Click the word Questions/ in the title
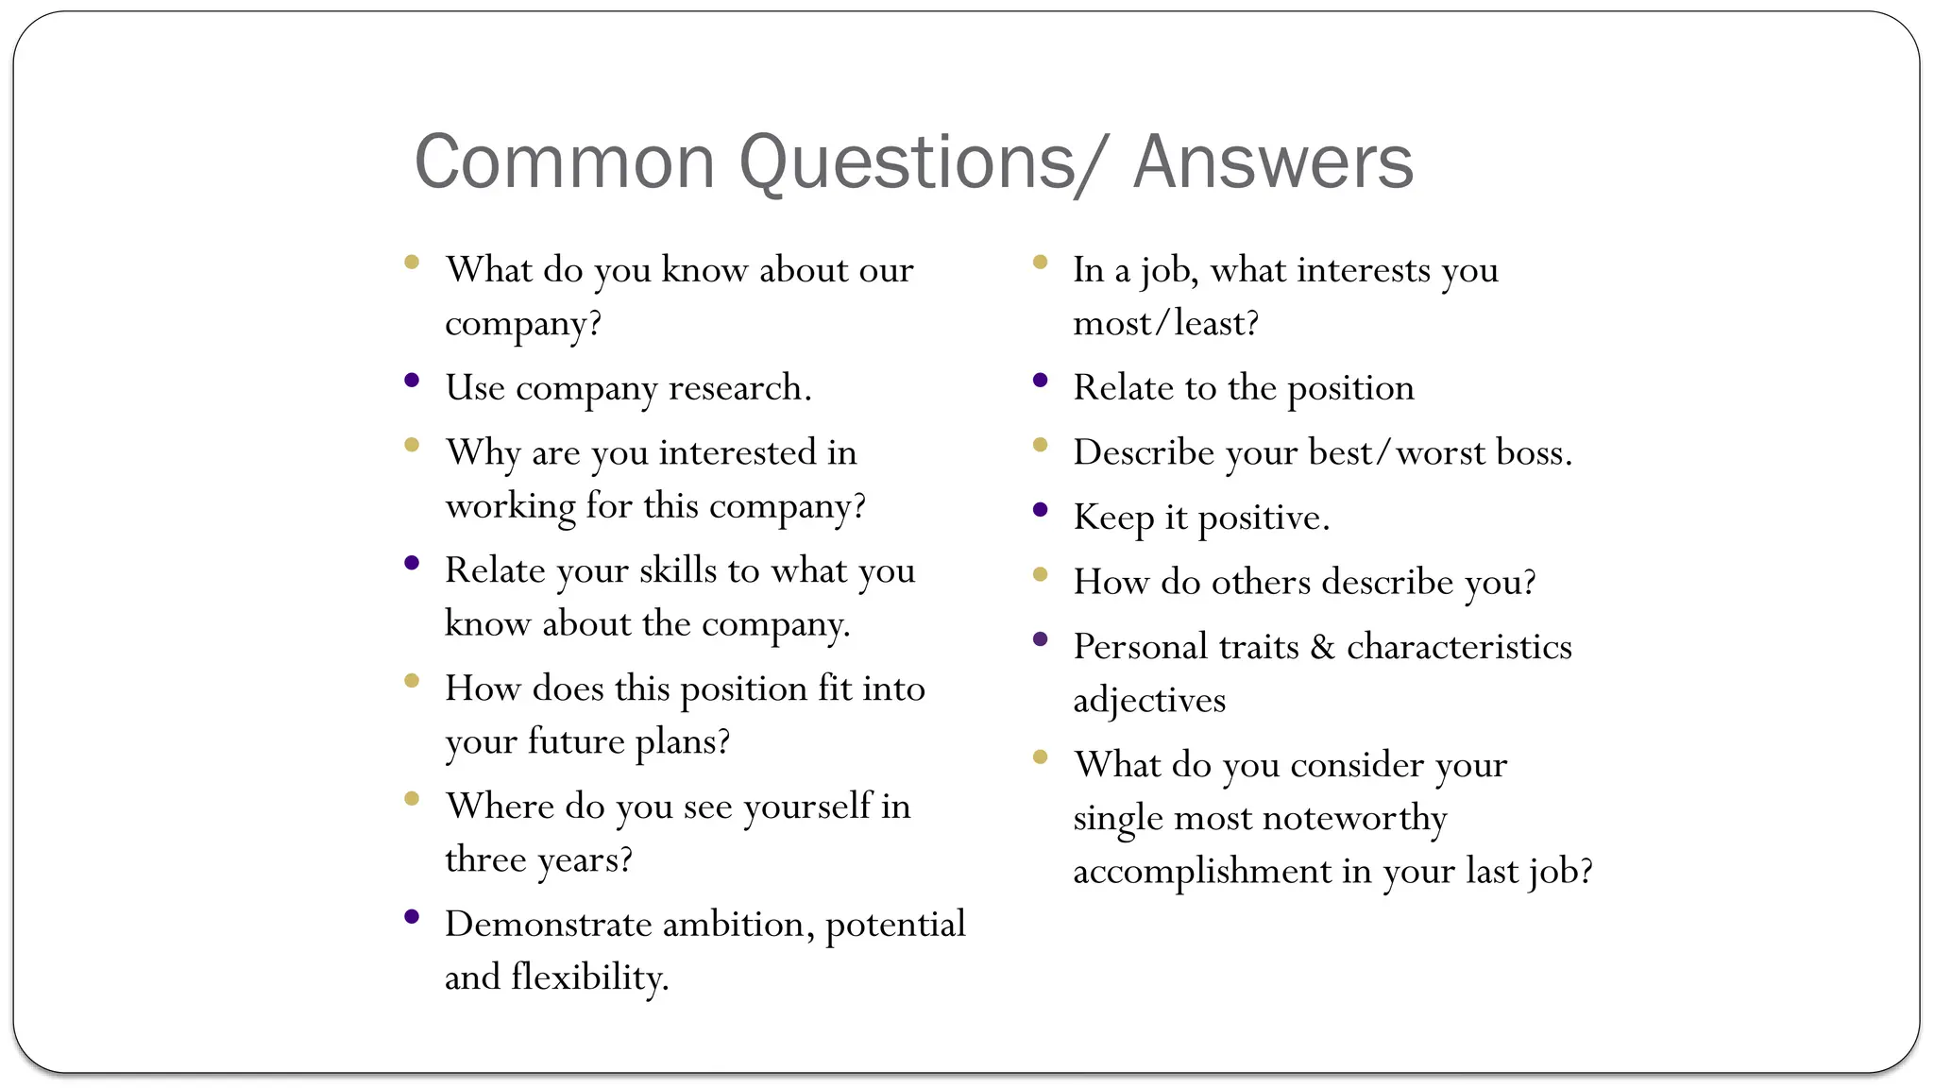point(919,162)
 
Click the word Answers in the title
point(1273,162)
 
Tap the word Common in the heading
point(565,162)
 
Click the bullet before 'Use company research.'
point(412,381)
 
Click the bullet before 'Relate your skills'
point(412,564)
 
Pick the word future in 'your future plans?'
point(575,741)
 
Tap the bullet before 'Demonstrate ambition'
point(412,917)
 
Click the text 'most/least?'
point(1166,324)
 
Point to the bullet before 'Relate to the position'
point(1041,381)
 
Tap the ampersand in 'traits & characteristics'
point(1322,647)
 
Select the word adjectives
point(1149,701)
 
